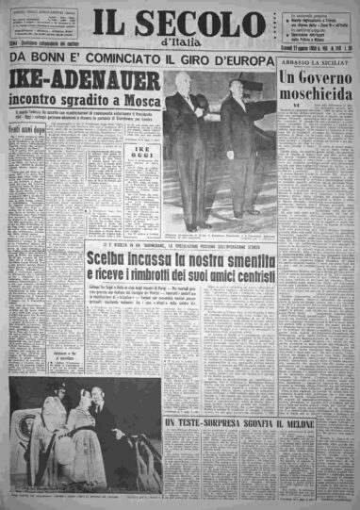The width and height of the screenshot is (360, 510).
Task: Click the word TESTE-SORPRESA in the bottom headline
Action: click(203, 425)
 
